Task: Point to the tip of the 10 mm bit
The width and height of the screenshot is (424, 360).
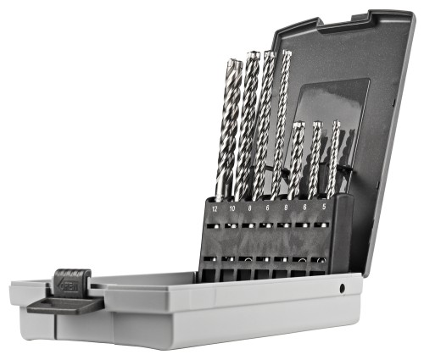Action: (x=253, y=56)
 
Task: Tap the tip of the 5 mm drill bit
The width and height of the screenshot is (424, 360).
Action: (x=335, y=124)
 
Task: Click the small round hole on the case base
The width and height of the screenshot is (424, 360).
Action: (x=342, y=289)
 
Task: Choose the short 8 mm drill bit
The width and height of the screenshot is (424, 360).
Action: (x=296, y=161)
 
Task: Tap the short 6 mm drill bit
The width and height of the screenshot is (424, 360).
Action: (x=314, y=161)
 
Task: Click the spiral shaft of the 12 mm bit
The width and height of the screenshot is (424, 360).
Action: (x=226, y=136)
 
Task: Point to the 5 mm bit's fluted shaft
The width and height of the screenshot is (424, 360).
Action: (x=332, y=161)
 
